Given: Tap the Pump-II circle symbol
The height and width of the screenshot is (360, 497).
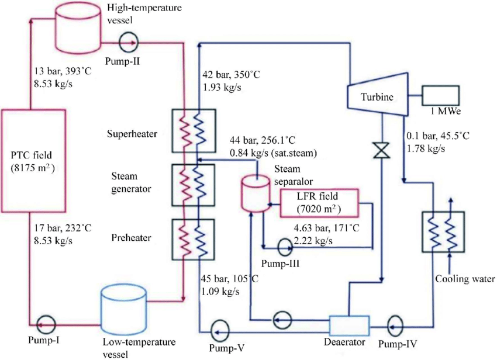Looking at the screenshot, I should (127, 41).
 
